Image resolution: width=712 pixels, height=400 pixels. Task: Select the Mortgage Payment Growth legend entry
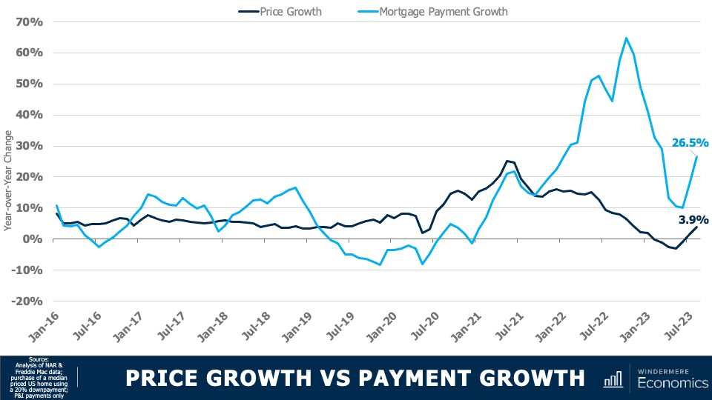tap(443, 11)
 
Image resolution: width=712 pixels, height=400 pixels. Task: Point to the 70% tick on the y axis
tap(29, 21)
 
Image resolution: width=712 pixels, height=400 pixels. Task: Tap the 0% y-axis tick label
tap(35, 239)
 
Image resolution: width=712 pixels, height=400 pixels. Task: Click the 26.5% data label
tap(690, 143)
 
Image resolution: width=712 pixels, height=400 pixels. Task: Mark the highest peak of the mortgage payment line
tap(627, 38)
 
